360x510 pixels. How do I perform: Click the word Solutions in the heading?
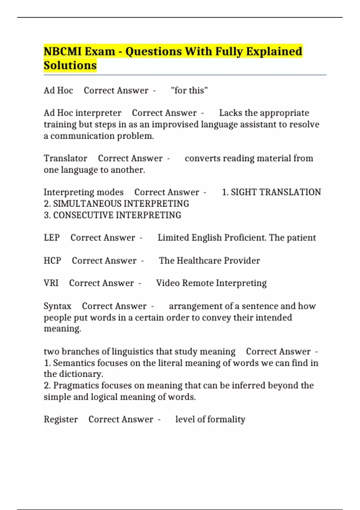[x=70, y=65]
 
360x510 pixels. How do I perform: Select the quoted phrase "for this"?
[x=189, y=90]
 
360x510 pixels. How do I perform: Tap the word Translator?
[x=65, y=158]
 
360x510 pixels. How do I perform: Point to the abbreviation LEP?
[x=52, y=238]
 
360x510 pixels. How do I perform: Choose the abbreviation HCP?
[x=52, y=260]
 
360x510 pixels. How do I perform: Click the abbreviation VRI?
[x=51, y=283]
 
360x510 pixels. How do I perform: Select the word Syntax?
[x=58, y=306]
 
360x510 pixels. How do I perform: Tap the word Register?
[x=61, y=419]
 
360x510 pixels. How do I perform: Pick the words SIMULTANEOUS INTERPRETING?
[x=121, y=204]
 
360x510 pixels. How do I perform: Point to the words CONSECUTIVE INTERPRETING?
[x=117, y=215]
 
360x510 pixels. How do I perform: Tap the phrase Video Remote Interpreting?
[x=211, y=283]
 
